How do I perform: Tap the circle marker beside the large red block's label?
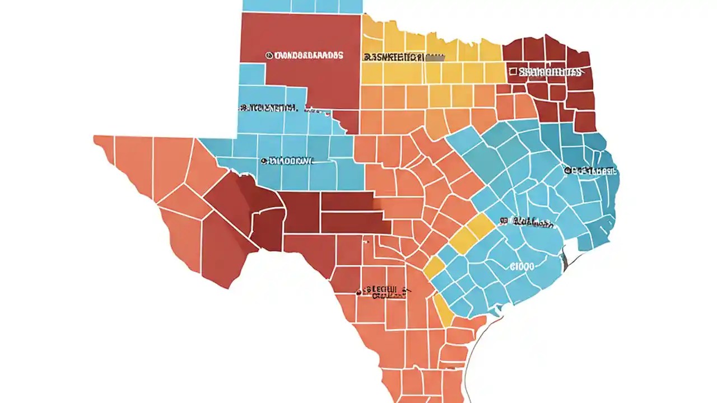pos(269,55)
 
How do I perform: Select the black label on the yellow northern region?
pos(402,57)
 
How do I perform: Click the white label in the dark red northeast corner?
pos(549,72)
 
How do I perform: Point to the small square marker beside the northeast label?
pos(513,71)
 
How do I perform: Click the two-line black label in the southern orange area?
pos(384,292)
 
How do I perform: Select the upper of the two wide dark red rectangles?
pos(347,201)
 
